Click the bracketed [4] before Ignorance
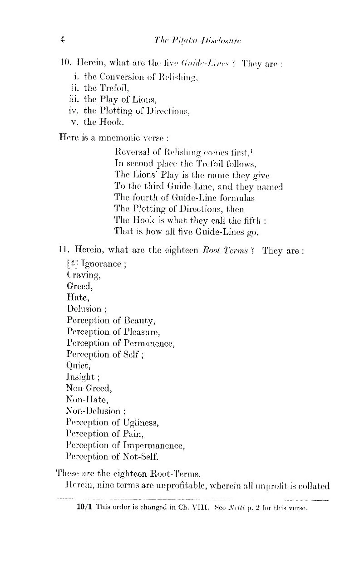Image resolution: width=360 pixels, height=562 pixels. click(x=73, y=264)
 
